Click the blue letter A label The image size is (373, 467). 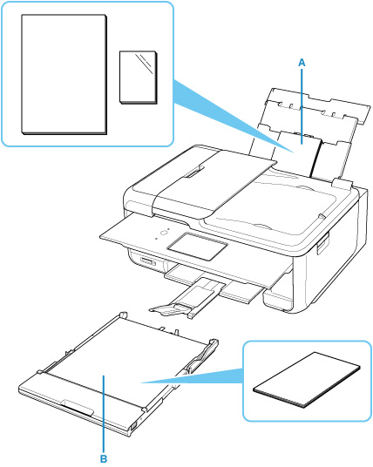click(x=302, y=63)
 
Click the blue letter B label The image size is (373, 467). click(x=104, y=458)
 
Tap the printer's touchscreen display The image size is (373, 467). click(x=198, y=246)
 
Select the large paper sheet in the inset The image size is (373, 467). click(x=64, y=74)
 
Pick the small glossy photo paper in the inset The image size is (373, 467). click(x=139, y=78)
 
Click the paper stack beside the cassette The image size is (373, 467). click(x=307, y=380)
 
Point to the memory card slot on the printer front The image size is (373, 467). click(x=148, y=262)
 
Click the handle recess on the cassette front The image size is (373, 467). click(x=78, y=409)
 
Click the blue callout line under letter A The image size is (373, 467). click(x=302, y=106)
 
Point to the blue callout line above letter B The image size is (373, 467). click(x=104, y=414)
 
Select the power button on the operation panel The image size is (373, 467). click(x=164, y=233)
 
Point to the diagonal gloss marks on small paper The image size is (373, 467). click(x=144, y=64)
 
